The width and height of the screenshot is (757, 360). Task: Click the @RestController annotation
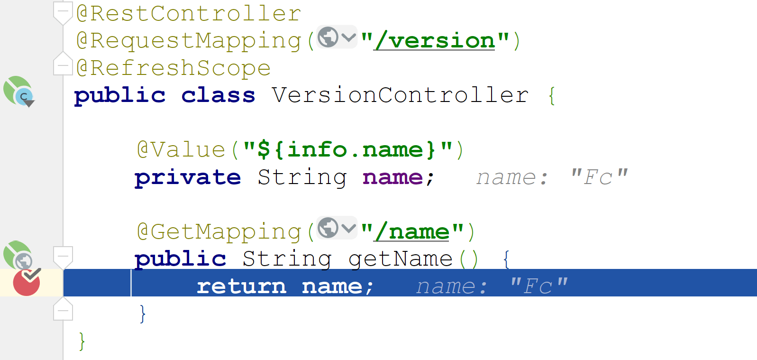tap(189, 13)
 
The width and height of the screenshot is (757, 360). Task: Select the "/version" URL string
tap(435, 41)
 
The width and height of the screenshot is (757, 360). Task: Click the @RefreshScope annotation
tap(173, 68)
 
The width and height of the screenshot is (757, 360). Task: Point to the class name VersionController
tap(400, 95)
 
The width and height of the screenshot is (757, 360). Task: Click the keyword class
tap(218, 95)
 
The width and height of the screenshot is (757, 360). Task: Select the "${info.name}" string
tap(347, 150)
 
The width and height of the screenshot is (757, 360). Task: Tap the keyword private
tap(188, 177)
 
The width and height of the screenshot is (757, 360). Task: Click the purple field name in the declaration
tap(392, 177)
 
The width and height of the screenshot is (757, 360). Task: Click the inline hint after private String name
tap(552, 177)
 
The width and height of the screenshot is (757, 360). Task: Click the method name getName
tap(401, 259)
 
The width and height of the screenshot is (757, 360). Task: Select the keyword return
tap(241, 286)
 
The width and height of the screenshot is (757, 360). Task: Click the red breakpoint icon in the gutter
tap(27, 283)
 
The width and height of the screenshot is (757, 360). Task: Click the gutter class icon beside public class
tap(19, 92)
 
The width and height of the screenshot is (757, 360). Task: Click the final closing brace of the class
tap(82, 341)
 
